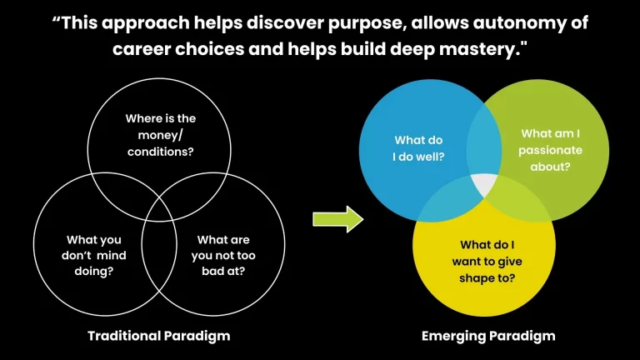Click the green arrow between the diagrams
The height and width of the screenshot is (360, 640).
click(337, 220)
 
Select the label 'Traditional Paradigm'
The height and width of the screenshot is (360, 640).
click(159, 336)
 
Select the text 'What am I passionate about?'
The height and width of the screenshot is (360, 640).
click(550, 149)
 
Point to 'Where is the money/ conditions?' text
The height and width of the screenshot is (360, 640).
click(160, 135)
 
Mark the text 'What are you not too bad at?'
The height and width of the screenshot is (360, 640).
click(224, 257)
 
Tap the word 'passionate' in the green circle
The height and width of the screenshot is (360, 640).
click(550, 149)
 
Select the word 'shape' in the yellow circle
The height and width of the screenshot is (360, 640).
click(472, 277)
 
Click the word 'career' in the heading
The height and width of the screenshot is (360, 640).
click(139, 48)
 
